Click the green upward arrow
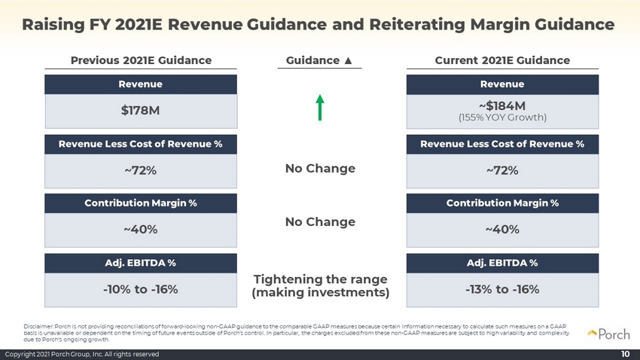pyautogui.click(x=320, y=108)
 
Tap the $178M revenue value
pyautogui.click(x=140, y=111)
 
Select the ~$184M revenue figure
pyautogui.click(x=502, y=106)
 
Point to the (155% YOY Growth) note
pyautogui.click(x=502, y=117)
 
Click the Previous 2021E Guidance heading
pyautogui.click(x=142, y=60)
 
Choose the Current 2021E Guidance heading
pyautogui.click(x=502, y=60)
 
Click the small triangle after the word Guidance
pyautogui.click(x=348, y=60)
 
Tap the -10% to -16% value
pyautogui.click(x=140, y=289)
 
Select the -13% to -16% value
pyautogui.click(x=502, y=289)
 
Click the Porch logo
pyautogui.click(x=609, y=334)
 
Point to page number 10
pyautogui.click(x=625, y=354)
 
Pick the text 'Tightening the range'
pyautogui.click(x=321, y=279)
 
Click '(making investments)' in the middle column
pyautogui.click(x=321, y=293)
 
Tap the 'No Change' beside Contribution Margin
pyautogui.click(x=321, y=222)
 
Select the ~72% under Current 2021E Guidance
pyautogui.click(x=502, y=171)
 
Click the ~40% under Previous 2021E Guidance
pyautogui.click(x=140, y=230)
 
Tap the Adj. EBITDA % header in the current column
pyautogui.click(x=502, y=263)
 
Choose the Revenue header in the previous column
pyautogui.click(x=140, y=84)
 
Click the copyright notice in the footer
pyautogui.click(x=81, y=354)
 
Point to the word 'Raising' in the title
pyautogui.click(x=53, y=25)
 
